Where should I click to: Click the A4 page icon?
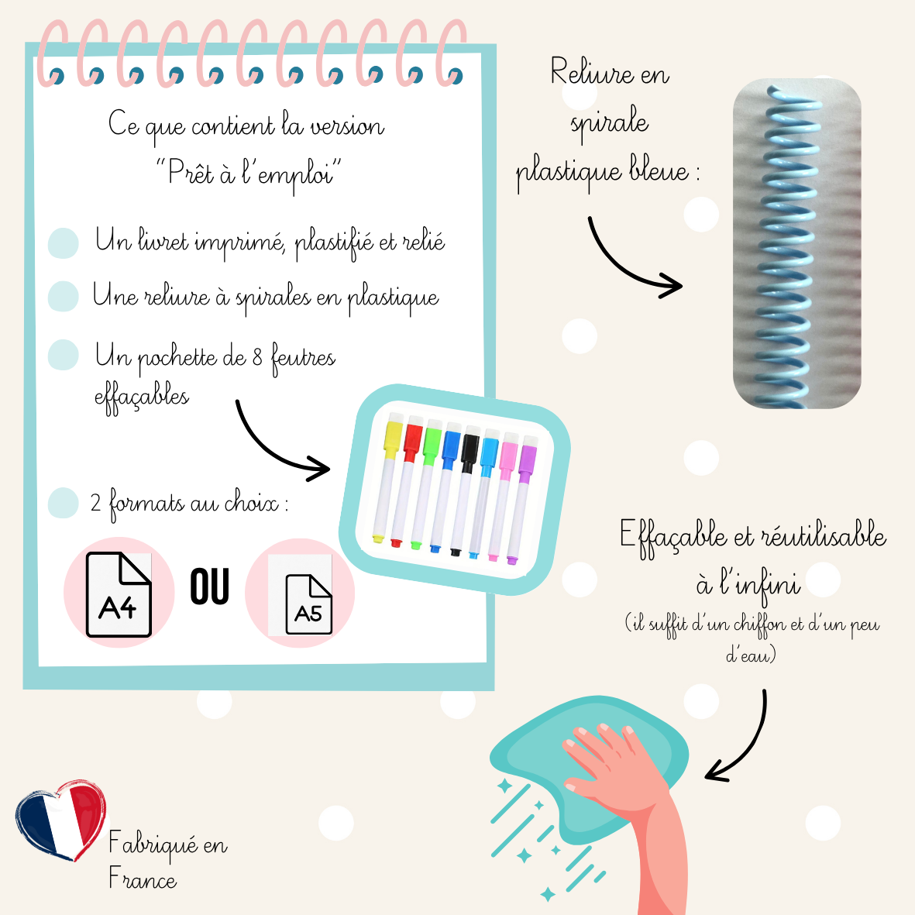(119, 594)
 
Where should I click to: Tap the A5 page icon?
(308, 604)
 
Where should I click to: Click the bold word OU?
(209, 586)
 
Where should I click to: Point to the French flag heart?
(60, 820)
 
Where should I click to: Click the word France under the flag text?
(143, 879)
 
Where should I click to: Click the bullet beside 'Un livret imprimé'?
(64, 243)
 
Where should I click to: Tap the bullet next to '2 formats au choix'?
(64, 503)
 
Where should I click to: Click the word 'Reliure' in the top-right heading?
(581, 74)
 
